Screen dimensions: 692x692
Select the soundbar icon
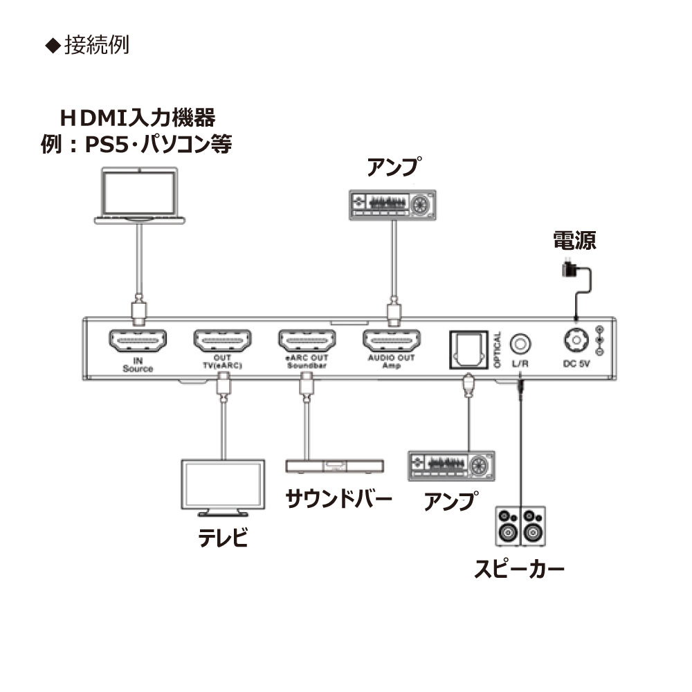(334, 465)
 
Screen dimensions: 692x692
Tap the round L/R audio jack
(520, 343)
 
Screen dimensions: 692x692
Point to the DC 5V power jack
(574, 340)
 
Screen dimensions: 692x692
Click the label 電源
(574, 240)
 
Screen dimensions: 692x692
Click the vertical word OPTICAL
(498, 352)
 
